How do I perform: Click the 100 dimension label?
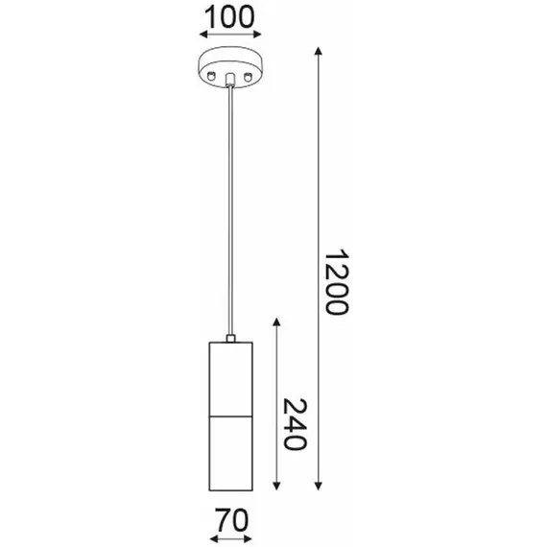click(x=229, y=16)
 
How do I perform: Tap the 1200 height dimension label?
click(x=335, y=283)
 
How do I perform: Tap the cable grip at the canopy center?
click(x=230, y=78)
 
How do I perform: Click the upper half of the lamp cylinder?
click(x=230, y=378)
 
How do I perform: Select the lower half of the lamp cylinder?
click(x=230, y=450)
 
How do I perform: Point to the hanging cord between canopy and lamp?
click(x=230, y=211)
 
